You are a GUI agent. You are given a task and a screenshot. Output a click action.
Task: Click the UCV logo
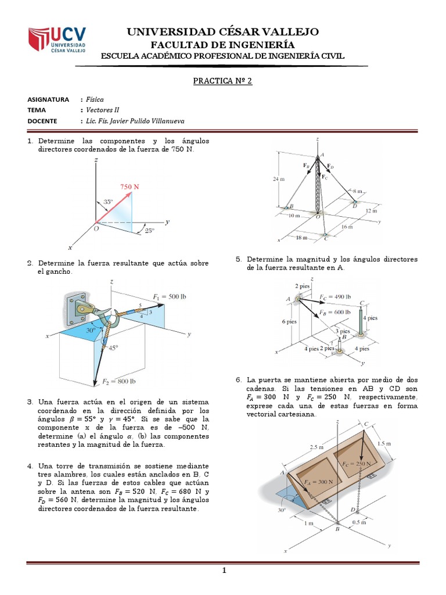tap(57, 40)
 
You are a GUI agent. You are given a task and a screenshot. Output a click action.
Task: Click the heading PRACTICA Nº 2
tap(222, 81)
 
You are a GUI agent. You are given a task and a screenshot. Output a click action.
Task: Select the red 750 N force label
tap(130, 187)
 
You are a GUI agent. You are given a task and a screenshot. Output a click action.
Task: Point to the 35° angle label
tap(109, 202)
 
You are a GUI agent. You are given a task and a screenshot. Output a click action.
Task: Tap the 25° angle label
tap(149, 231)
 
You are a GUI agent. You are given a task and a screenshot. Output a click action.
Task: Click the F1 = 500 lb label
tap(170, 297)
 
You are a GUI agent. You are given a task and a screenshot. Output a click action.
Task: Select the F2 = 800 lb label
tap(119, 382)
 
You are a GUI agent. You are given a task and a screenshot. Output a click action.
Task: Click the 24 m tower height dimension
tap(279, 180)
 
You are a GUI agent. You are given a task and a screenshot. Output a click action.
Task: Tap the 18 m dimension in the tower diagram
tap(301, 238)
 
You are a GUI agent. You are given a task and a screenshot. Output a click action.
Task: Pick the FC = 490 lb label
tap(335, 296)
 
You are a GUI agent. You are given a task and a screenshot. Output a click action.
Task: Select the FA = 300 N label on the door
tap(318, 482)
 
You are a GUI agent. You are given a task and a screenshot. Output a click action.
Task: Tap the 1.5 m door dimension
tap(385, 443)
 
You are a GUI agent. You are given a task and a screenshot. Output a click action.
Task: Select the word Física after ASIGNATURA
tap(95, 99)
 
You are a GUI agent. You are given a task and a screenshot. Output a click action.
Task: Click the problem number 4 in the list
tap(30, 466)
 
